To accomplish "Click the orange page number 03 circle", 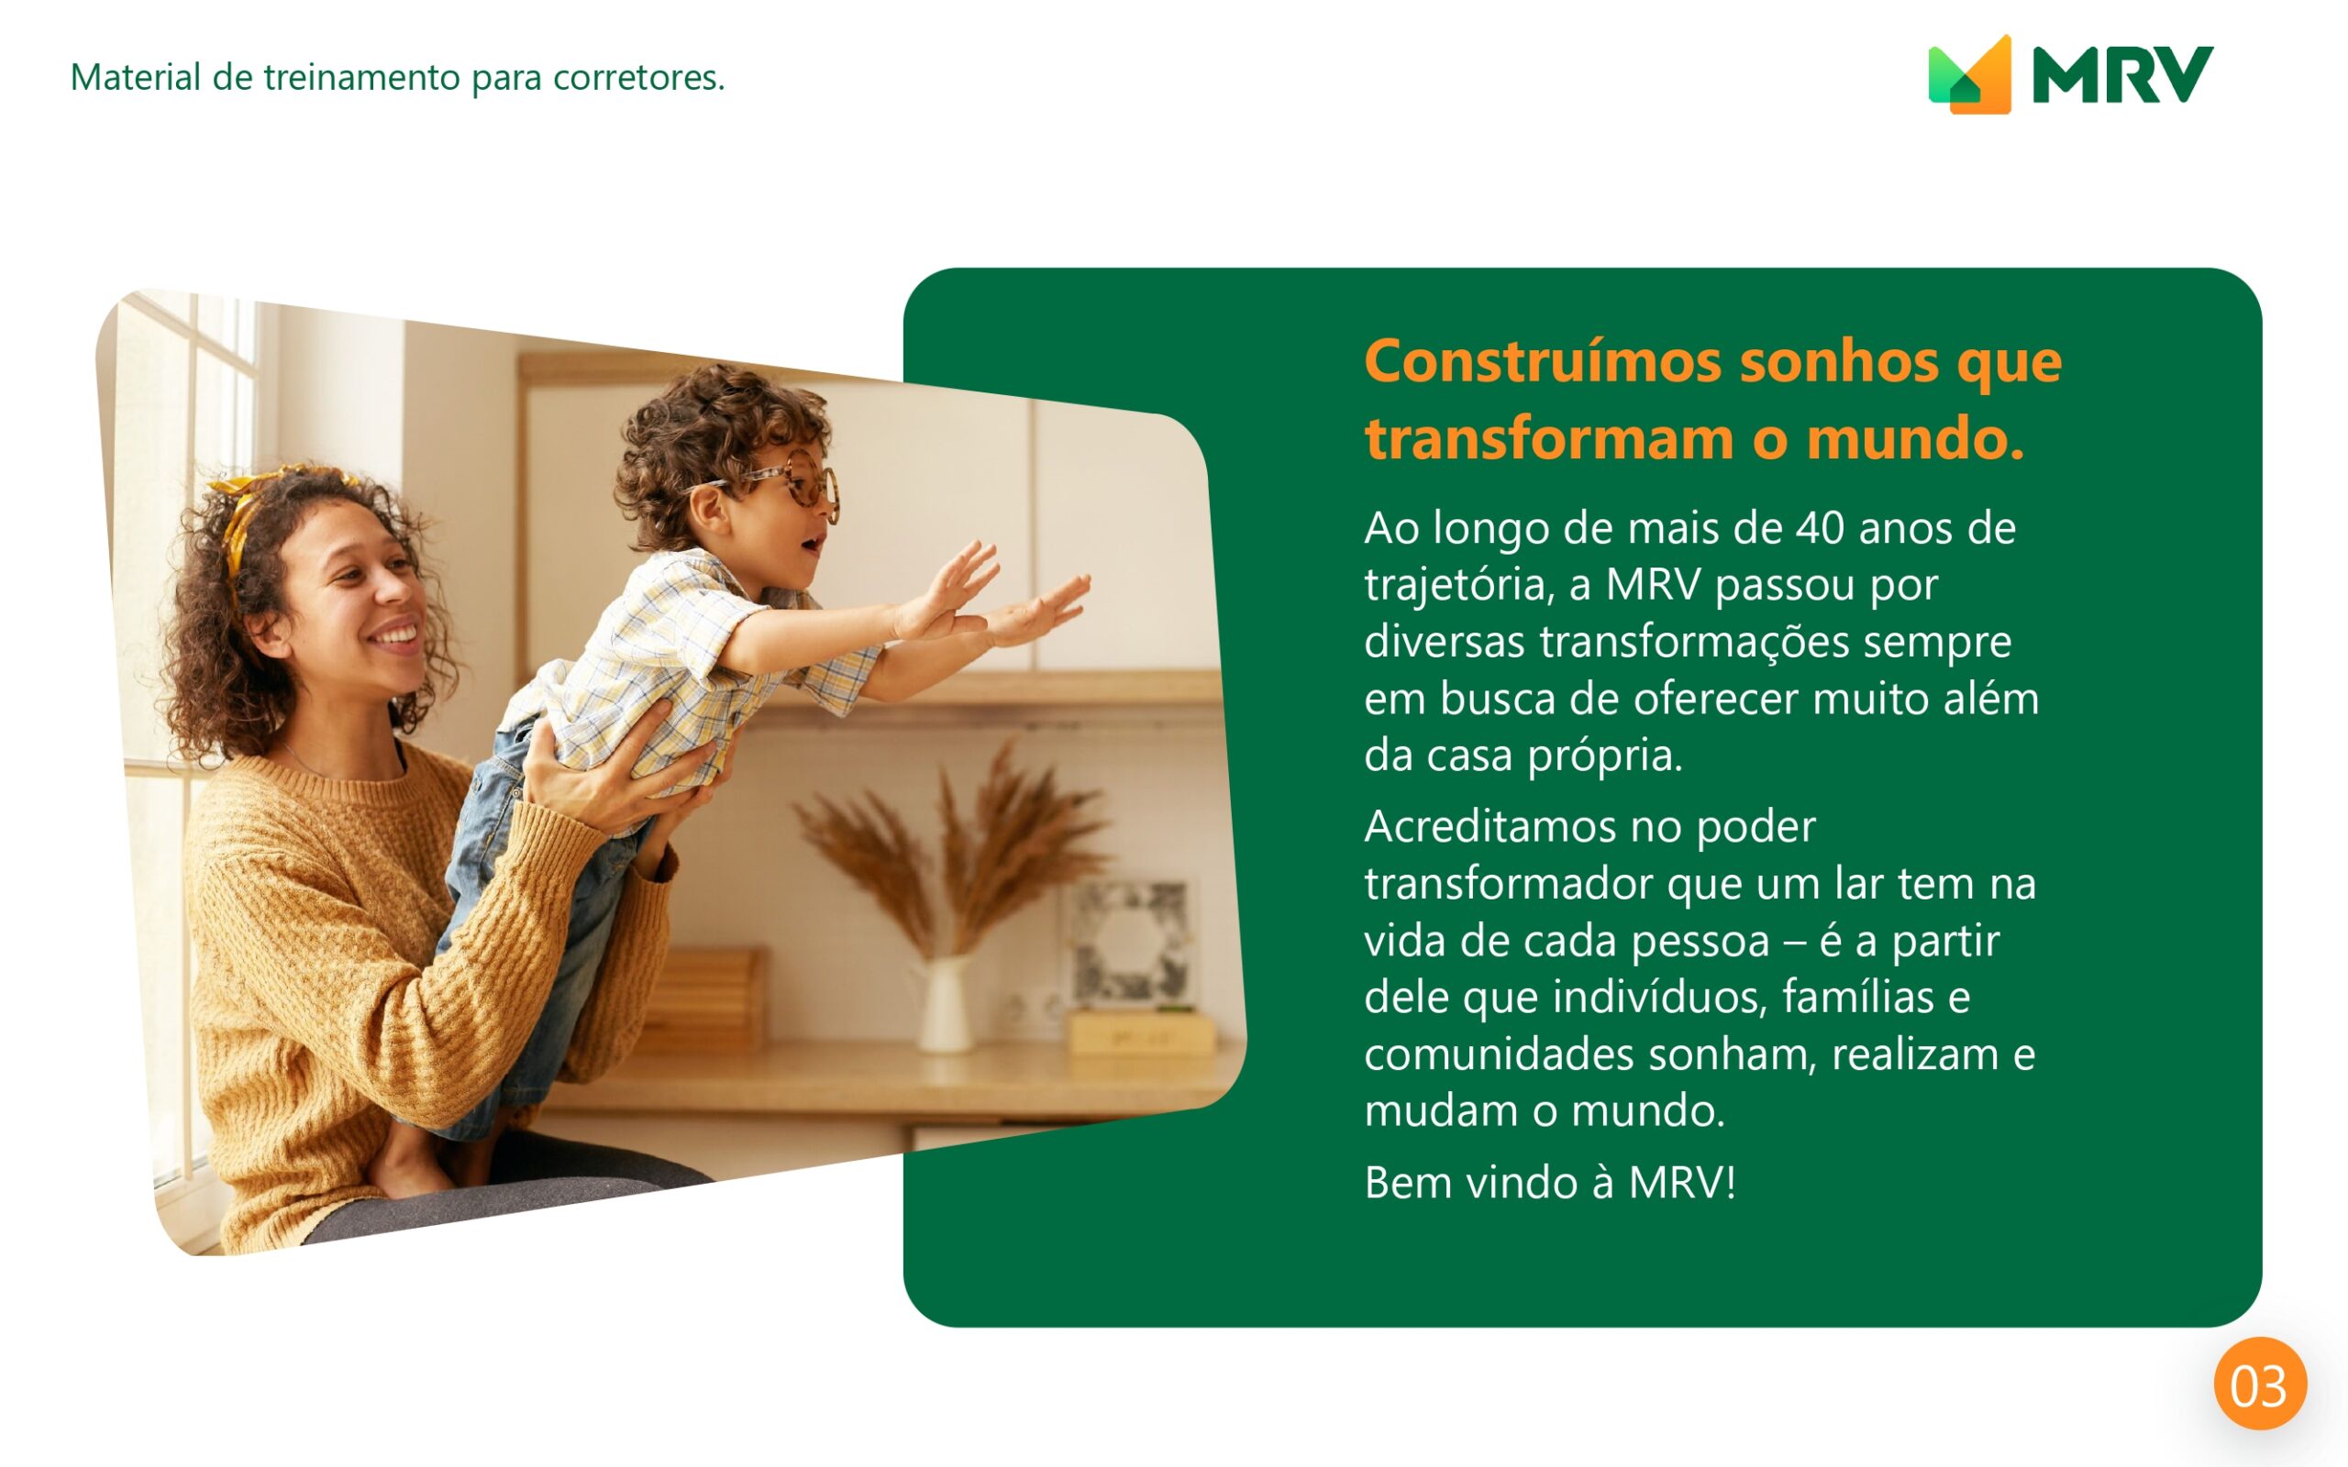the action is coord(2260,1384).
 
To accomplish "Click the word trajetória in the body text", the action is coord(1458,585).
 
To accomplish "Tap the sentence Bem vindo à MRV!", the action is coord(1549,1183).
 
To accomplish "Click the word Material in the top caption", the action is coord(135,77).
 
